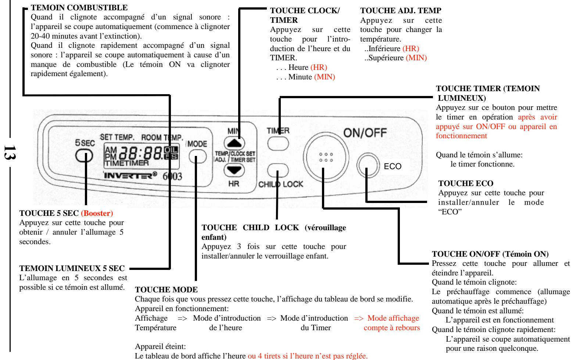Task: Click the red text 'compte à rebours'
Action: [392, 317]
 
